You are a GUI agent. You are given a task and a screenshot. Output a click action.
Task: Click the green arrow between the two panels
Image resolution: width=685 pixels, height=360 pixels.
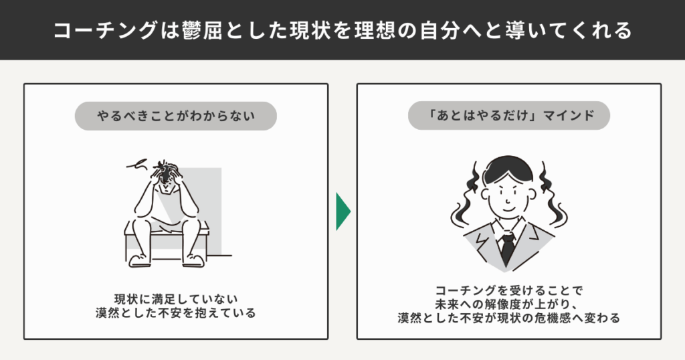tap(342, 211)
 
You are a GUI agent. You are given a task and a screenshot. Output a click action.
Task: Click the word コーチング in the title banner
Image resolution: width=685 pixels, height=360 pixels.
tap(105, 31)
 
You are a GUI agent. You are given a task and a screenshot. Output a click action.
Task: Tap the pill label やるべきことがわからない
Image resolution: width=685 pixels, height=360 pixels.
tap(176, 116)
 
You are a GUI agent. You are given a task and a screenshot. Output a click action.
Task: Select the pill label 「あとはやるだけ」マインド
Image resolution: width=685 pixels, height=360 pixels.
tap(509, 116)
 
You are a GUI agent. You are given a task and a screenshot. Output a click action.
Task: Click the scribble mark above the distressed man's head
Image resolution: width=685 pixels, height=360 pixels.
tap(137, 164)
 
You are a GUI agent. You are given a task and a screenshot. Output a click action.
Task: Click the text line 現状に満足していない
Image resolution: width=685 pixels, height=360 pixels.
tap(176, 299)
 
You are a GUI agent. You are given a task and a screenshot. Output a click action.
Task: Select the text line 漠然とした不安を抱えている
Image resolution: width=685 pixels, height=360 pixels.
tap(176, 313)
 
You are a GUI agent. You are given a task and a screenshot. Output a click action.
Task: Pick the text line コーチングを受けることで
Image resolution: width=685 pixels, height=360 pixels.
tap(509, 290)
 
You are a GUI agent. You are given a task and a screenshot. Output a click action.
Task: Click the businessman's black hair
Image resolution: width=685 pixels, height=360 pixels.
tap(508, 169)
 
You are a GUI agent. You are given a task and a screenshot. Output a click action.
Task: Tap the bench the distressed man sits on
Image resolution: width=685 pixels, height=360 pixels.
tap(167, 241)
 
